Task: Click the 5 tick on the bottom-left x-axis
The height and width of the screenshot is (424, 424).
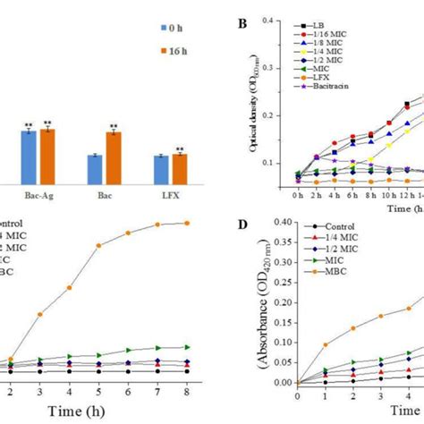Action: [99, 392]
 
